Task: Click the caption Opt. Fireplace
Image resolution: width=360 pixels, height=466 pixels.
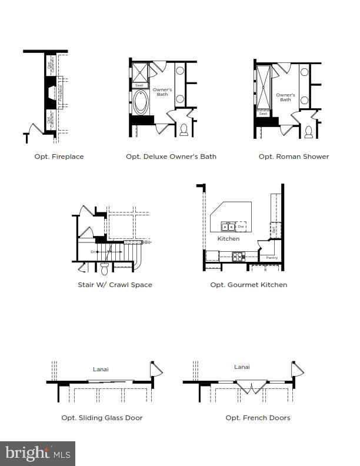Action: pos(59,157)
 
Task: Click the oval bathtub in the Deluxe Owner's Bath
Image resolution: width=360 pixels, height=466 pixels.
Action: pos(141,102)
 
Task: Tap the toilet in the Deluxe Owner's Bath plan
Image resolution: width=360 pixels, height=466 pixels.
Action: pos(184,129)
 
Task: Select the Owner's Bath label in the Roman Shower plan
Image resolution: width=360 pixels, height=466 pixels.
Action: pos(285,96)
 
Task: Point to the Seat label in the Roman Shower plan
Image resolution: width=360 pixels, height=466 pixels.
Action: pos(264,113)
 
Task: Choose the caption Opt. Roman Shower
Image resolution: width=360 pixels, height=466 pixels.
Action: pos(294,157)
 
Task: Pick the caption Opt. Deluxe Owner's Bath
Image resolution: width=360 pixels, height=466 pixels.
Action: pos(171,157)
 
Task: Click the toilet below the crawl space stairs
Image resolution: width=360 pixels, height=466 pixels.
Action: pos(105,269)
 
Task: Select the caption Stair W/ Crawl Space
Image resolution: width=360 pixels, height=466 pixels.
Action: pos(115,285)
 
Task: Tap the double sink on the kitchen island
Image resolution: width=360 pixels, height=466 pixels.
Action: pos(228,226)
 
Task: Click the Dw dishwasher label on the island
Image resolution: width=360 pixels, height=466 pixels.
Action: pos(241,226)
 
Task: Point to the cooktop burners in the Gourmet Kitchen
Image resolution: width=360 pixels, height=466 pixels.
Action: pos(239,256)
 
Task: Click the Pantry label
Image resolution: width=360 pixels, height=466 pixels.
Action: pos(271,258)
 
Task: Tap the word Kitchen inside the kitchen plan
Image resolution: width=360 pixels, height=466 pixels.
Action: pos(228,239)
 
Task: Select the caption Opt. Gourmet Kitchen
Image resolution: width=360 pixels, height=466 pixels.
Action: pos(249,285)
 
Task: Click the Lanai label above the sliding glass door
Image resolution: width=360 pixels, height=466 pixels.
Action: pos(101,370)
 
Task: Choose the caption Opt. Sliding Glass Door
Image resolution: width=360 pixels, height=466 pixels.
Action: pos(102,418)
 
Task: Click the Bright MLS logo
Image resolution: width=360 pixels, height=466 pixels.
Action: pos(38,453)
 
